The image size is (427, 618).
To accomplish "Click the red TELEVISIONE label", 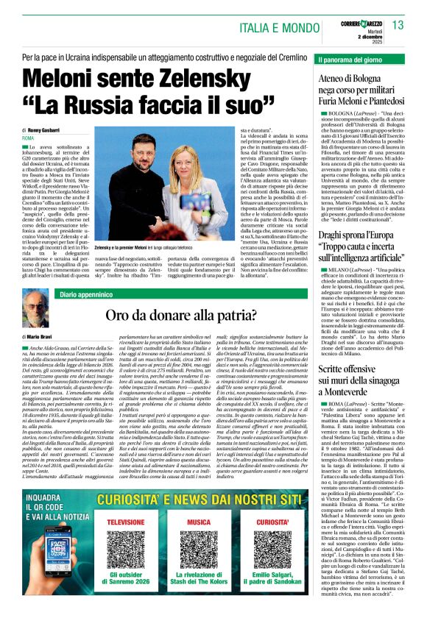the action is (x=125, y=522).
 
